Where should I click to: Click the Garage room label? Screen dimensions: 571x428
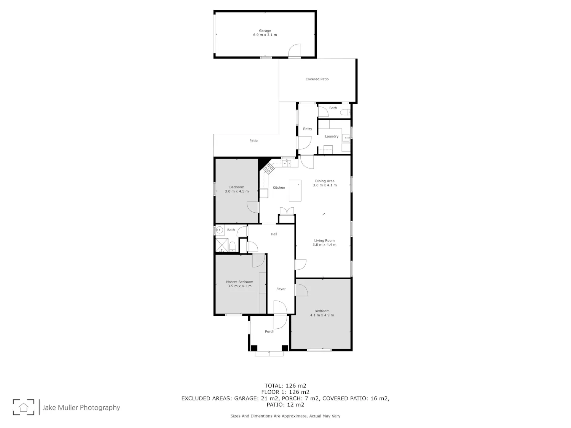tap(265, 31)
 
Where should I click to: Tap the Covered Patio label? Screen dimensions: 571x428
tap(317, 79)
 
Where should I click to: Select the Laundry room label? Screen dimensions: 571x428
tap(332, 137)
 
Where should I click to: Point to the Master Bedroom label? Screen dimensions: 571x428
tap(239, 282)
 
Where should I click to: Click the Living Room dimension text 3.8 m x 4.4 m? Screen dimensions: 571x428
tap(324, 245)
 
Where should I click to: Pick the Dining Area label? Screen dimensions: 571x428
tap(325, 181)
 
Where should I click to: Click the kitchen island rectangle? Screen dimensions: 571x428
tap(295, 191)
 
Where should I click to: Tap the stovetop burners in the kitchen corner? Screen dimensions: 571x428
tap(268, 169)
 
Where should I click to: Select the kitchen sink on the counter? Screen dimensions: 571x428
tap(286, 164)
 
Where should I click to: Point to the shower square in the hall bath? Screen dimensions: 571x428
tap(222, 245)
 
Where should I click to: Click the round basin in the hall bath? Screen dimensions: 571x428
tap(220, 230)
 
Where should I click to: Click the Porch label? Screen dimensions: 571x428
tap(270, 331)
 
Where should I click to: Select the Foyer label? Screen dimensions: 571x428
tap(281, 289)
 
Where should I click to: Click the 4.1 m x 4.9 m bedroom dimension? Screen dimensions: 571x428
tap(322, 315)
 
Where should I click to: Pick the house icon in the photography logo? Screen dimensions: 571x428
tap(24, 407)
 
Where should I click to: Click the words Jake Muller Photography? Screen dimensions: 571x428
tap(81, 407)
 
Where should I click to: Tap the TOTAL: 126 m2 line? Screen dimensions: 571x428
tap(285, 386)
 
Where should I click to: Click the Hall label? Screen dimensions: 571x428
tap(274, 234)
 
